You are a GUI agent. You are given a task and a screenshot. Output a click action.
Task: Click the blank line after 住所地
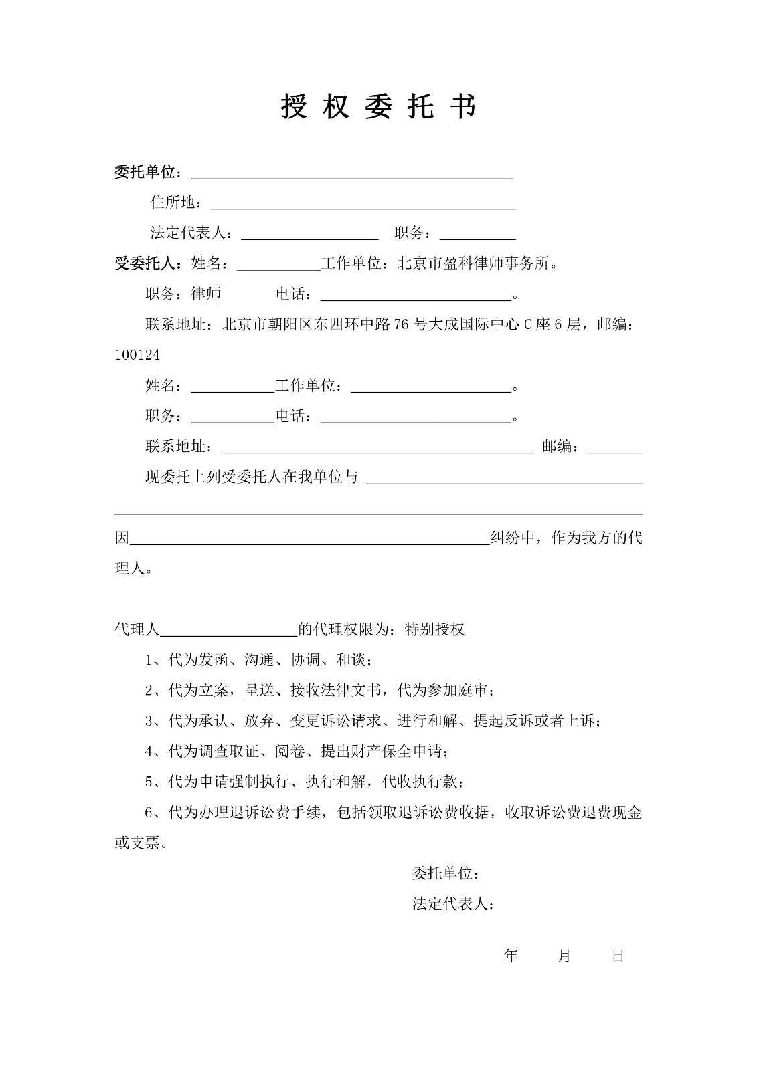(363, 203)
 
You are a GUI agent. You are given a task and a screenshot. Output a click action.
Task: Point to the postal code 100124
(137, 356)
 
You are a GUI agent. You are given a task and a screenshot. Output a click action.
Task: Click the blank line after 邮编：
(614, 448)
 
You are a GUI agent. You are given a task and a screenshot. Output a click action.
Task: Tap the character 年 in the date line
(511, 956)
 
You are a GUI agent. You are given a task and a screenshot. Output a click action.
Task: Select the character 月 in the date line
(564, 956)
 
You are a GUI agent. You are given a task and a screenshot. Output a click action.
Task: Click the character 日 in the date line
(618, 956)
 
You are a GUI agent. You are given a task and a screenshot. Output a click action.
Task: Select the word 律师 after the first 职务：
(205, 294)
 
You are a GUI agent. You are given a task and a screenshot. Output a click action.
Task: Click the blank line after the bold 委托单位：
(352, 174)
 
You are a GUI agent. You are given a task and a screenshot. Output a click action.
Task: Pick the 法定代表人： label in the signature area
(453, 905)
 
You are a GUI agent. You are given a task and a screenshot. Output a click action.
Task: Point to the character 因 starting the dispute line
(122, 538)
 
